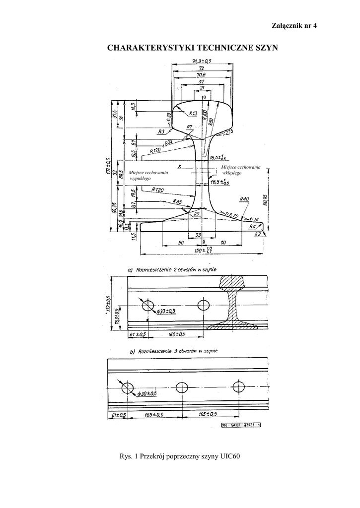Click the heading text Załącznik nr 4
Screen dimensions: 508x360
tap(293, 25)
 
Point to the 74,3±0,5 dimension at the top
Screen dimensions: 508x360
tap(201, 61)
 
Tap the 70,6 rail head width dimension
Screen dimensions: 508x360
tap(201, 74)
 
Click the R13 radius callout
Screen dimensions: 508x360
tap(193, 114)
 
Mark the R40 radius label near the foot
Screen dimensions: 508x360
tap(244, 199)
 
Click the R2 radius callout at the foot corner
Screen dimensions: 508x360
tap(257, 233)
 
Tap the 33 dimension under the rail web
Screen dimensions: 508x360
tap(198, 234)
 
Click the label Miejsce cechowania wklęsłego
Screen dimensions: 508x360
tap(241, 170)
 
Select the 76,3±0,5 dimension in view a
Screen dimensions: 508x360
tap(117, 316)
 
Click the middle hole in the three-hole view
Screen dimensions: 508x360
tap(181, 387)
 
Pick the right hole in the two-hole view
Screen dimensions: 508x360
tap(204, 305)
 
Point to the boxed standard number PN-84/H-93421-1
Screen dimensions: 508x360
tap(241, 425)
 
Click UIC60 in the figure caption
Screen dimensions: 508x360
tap(230, 456)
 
